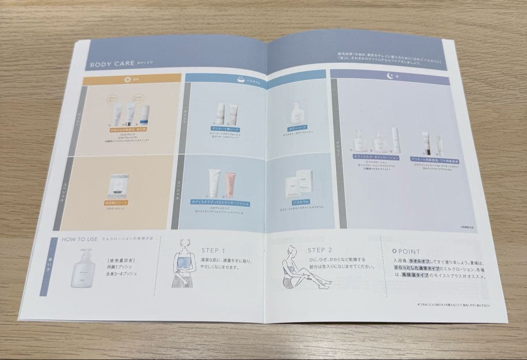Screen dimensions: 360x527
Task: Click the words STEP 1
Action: pyautogui.click(x=213, y=250)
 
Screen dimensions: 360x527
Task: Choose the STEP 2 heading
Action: pyautogui.click(x=320, y=251)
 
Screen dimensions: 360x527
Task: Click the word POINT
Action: pyautogui.click(x=408, y=252)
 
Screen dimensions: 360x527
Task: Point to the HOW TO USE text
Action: pyautogui.click(x=80, y=240)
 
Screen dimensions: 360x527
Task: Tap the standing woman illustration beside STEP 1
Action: pyautogui.click(x=183, y=267)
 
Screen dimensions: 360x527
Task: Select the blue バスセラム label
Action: pyautogui.click(x=298, y=200)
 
